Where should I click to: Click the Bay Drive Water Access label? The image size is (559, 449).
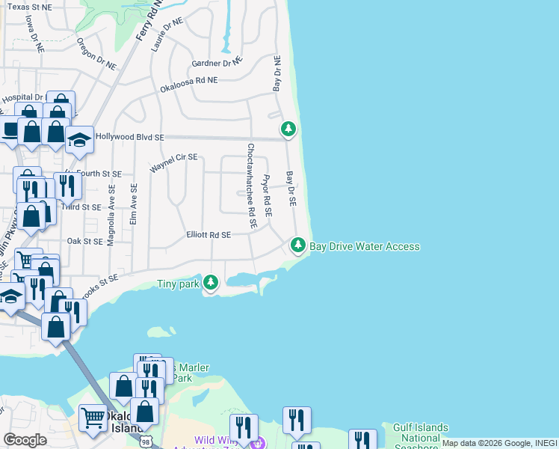tap(365, 246)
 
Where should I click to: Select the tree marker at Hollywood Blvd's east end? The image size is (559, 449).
tap(288, 129)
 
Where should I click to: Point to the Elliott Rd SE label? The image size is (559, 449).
tap(209, 235)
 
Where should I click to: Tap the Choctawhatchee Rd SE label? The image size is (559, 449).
tap(252, 186)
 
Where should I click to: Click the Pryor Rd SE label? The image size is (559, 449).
tap(266, 196)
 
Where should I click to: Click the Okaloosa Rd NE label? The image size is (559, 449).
tap(188, 84)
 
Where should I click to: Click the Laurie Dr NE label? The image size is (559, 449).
tap(167, 34)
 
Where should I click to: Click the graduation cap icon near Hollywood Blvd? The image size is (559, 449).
tap(79, 139)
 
